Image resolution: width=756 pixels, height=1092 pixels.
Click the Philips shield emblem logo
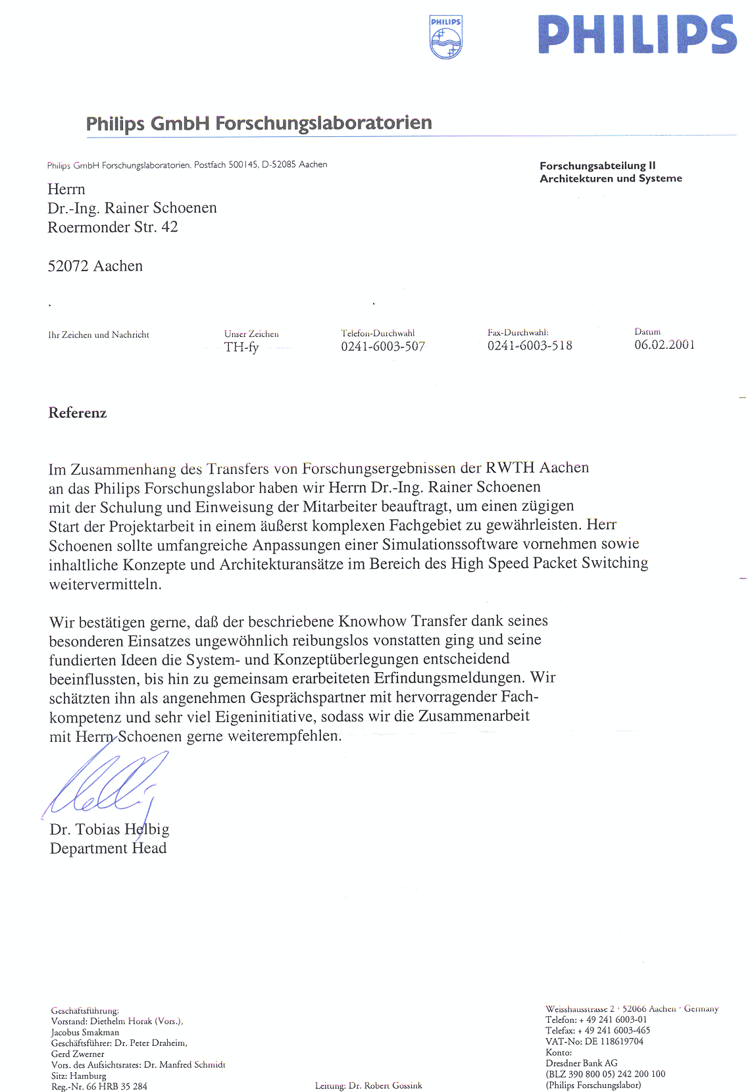[445, 38]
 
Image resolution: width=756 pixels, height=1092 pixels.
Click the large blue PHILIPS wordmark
[637, 35]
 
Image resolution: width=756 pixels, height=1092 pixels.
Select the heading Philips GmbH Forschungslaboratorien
[259, 123]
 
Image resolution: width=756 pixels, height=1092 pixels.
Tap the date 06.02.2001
[665, 345]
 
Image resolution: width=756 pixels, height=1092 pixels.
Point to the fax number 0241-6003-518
[530, 346]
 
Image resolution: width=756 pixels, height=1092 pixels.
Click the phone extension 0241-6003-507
[383, 346]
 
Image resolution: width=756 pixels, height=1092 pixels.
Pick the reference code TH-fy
[241, 347]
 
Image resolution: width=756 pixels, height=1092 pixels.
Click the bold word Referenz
[78, 413]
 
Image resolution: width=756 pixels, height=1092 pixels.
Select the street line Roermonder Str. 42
[113, 227]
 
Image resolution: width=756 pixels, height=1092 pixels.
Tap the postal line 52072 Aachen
[95, 266]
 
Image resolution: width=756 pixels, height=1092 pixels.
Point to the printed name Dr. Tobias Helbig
[109, 829]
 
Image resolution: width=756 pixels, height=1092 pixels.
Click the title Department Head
[108, 848]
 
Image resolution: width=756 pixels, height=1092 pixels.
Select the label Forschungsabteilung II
[597, 166]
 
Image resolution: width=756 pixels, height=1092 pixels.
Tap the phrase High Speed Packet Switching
[549, 563]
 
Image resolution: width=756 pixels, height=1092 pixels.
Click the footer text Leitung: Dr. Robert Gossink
[368, 1085]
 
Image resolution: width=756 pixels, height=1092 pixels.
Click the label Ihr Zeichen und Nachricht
[99, 335]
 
